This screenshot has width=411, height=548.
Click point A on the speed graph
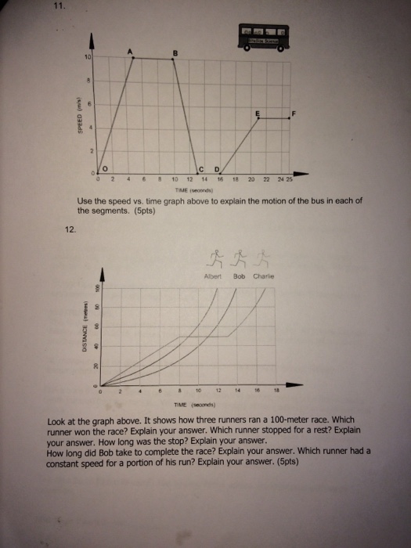tap(132, 52)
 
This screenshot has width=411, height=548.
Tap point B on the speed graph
tap(175, 53)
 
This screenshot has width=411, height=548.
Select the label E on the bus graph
tap(256, 114)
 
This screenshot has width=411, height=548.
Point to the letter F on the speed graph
tap(293, 114)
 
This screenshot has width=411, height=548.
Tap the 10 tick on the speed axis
tap(88, 59)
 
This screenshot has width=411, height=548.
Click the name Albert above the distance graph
tap(213, 276)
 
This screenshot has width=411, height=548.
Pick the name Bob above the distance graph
tap(240, 276)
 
